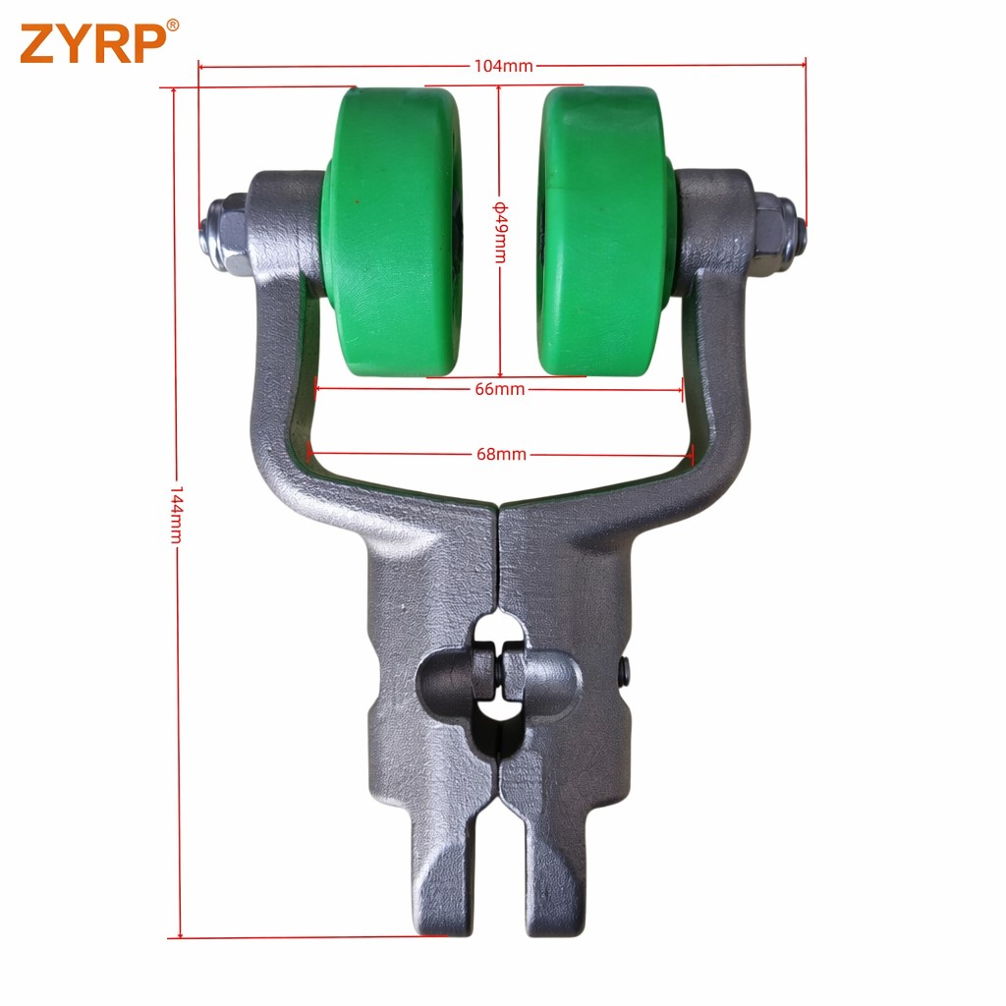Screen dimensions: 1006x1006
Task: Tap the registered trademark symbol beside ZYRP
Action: point(173,25)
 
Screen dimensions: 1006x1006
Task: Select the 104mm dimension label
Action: point(504,66)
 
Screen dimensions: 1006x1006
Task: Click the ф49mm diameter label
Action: point(500,232)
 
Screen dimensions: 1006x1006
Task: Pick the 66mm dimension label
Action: point(500,389)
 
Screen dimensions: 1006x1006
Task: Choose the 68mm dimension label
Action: point(501,454)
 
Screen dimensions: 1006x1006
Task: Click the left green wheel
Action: point(391,231)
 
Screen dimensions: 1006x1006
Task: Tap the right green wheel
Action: point(605,231)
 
